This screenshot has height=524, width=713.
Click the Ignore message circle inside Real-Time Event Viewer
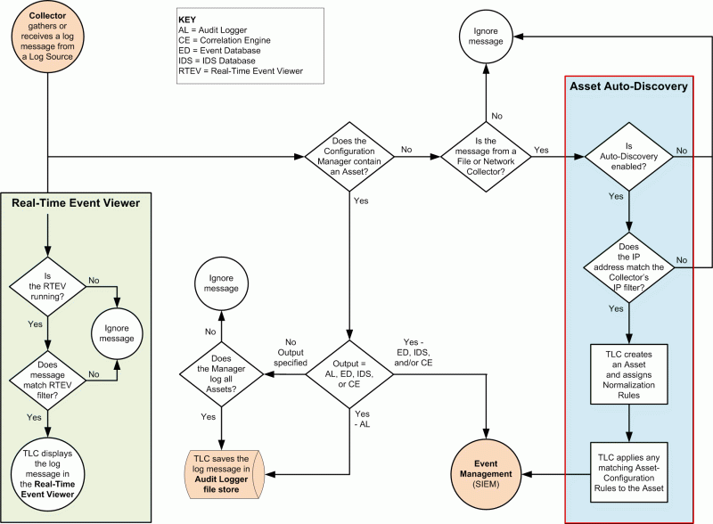118,332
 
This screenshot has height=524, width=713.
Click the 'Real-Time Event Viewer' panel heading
76,203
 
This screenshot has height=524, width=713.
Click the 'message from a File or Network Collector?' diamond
486,158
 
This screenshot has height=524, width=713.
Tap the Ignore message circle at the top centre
486,37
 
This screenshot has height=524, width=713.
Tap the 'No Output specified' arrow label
290,352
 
